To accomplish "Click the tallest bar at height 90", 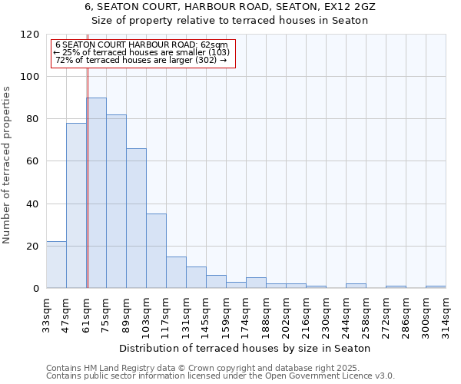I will click(96, 192).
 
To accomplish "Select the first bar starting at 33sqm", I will click(56, 264).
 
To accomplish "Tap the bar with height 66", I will click(136, 218).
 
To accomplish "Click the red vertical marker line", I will click(88, 177).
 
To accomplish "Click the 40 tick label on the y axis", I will click(34, 204).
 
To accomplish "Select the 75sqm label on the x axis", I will click(107, 313).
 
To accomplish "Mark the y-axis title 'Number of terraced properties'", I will click(7, 165).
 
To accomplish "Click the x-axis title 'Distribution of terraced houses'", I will click(245, 348).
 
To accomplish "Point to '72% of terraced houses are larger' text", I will click(141, 60).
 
